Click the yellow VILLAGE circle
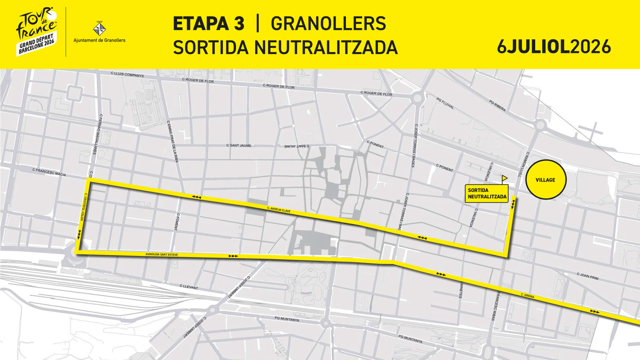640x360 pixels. click(x=546, y=180)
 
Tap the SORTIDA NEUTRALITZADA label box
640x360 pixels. click(x=487, y=194)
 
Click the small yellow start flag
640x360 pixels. click(x=504, y=178)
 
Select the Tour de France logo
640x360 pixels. click(x=36, y=31)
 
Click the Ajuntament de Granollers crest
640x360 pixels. click(x=99, y=29)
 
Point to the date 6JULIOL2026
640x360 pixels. click(x=554, y=47)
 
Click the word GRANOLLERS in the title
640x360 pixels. click(x=328, y=24)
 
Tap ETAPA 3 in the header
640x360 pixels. click(x=208, y=24)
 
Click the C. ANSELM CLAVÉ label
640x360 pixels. click(x=279, y=209)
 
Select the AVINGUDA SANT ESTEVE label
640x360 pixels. click(x=162, y=254)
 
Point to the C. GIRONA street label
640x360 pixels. click(x=528, y=296)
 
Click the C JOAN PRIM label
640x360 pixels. click(x=588, y=276)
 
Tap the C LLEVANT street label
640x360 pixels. click(x=189, y=287)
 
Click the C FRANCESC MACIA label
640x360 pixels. click(x=49, y=172)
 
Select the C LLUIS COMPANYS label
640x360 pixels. click(x=127, y=74)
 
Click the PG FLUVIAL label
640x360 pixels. click(x=445, y=103)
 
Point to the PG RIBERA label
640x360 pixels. click(x=497, y=106)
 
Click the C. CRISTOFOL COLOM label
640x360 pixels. click(x=84, y=207)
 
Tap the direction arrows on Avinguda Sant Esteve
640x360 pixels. click(x=233, y=256)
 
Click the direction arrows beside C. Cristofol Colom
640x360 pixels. click(x=79, y=234)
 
